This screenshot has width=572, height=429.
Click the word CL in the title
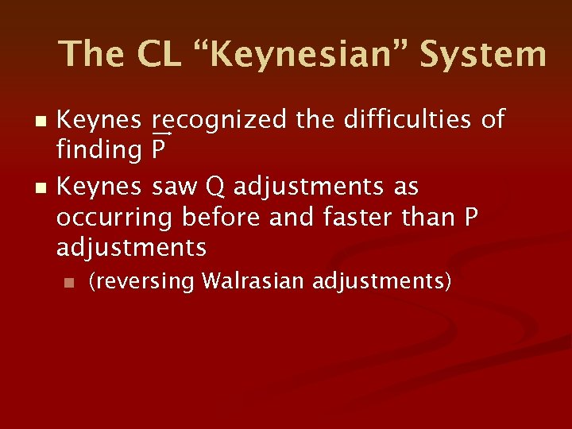[163, 54]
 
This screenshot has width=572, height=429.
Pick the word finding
[99, 149]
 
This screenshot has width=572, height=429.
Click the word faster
[349, 218]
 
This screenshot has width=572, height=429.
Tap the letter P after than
[470, 218]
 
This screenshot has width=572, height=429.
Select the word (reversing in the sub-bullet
[141, 282]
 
